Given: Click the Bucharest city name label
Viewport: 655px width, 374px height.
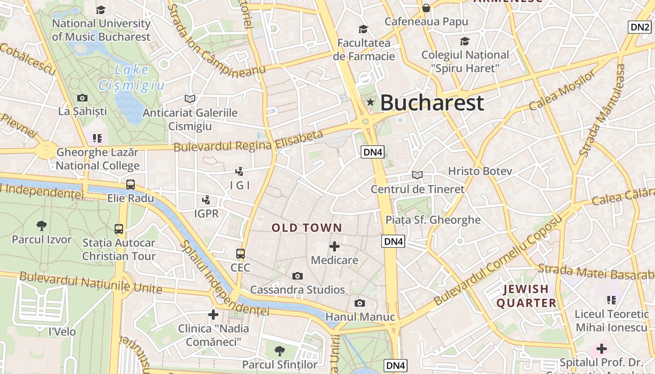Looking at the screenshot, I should tap(431, 103).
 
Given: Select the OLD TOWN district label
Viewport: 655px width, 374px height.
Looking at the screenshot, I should tap(307, 228).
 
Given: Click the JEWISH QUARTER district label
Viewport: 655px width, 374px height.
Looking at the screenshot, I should tap(526, 296).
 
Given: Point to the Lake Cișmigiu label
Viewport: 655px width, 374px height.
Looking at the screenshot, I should tap(131, 78).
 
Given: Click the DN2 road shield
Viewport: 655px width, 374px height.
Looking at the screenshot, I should tap(640, 27).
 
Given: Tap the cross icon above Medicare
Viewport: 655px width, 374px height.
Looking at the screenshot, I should tap(335, 246).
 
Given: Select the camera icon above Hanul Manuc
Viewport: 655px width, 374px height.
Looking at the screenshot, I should tap(359, 303).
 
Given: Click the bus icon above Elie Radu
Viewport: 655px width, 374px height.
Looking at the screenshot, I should tap(131, 184).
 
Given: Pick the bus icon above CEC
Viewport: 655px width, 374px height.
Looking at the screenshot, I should tap(240, 253).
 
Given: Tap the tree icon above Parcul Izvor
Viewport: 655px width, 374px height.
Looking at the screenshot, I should tap(42, 225).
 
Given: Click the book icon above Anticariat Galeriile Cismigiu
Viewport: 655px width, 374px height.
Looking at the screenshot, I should tap(189, 99).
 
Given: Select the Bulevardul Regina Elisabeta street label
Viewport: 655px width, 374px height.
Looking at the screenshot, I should tap(248, 141).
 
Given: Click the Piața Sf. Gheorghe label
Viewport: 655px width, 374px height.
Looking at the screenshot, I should tap(433, 220).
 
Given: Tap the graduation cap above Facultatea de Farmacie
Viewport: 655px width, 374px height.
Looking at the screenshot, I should tap(364, 29).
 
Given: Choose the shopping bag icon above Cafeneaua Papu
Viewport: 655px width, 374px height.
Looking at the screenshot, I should tap(426, 8).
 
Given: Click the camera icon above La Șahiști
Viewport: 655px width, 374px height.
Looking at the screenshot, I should tap(82, 98).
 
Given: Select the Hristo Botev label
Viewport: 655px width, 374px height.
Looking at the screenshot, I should tap(480, 171).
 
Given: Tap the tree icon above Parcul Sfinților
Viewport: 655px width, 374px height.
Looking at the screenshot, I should tap(280, 351).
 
